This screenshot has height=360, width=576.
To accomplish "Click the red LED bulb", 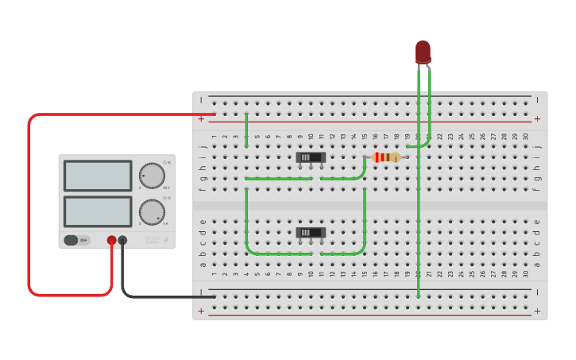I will [x=423, y=52].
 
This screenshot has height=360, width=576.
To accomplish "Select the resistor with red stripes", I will [x=386, y=157].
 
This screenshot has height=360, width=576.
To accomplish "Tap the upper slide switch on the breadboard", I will [x=311, y=157].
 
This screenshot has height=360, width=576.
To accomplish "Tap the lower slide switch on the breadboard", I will [x=311, y=233].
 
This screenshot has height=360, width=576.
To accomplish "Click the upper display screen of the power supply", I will [x=98, y=176].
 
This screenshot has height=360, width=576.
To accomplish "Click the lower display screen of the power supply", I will [x=98, y=211].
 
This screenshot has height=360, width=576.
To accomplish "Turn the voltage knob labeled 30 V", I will [x=151, y=176].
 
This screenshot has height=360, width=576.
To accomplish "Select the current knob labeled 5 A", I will [x=151, y=212].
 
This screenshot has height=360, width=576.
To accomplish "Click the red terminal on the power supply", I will [x=112, y=240].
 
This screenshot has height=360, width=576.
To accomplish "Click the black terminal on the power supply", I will [x=122, y=240].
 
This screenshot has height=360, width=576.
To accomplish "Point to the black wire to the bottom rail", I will [x=159, y=297].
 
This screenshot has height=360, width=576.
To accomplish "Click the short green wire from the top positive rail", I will [x=246, y=130].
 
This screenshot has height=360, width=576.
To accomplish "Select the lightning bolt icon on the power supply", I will [x=165, y=240].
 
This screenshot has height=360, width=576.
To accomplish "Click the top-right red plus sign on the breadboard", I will [x=538, y=119].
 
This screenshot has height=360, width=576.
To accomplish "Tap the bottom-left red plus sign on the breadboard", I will [x=202, y=311].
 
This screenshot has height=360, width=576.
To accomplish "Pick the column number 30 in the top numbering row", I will [x=525, y=137].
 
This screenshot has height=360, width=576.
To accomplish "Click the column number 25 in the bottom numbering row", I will [x=472, y=273].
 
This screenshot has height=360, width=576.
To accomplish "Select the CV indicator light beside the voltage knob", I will [x=164, y=163].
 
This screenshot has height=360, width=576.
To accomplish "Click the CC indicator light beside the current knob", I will [x=164, y=199].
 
